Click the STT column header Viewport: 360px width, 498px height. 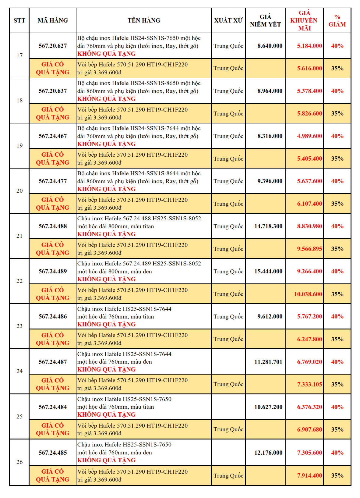pos(19,20)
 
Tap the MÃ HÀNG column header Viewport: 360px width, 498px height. pos(53,20)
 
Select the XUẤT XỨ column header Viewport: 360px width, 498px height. pos(228,20)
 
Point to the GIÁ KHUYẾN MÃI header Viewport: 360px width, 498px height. pos(304,20)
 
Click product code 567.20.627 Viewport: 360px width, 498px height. pos(53,46)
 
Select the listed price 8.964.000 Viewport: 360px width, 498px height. pos(270,91)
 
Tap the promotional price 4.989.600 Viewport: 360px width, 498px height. pos(309,136)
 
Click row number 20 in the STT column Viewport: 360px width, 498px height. pos(19,191)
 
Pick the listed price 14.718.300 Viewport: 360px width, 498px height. pos(268,226)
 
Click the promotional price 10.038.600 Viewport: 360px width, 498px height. pos(308,294)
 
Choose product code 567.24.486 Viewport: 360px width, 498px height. pos(53,316)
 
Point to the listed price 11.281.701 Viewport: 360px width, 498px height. pos(268,362)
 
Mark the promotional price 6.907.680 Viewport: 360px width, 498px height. pos(309,429)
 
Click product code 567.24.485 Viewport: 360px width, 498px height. pos(53,453)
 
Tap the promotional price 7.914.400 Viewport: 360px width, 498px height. pos(309,475)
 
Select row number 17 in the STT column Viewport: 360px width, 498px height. pos(19,55)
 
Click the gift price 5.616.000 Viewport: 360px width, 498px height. pos(309,68)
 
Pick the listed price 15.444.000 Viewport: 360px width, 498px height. pos(268,271)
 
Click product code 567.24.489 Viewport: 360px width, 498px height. pos(53,271)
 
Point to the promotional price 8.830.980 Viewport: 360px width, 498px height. pos(309,226)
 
